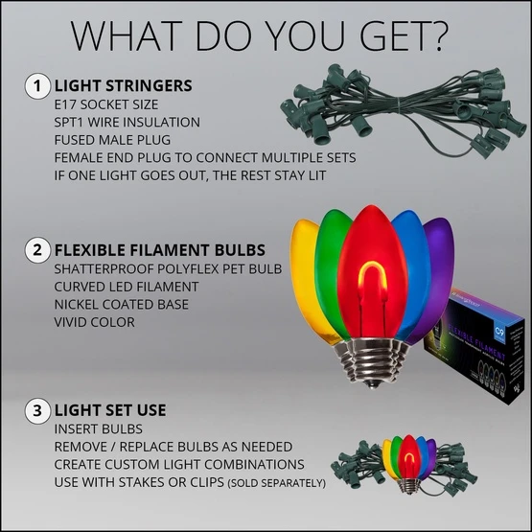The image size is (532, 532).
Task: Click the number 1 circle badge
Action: pyautogui.click(x=37, y=86)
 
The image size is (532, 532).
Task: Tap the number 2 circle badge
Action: pyautogui.click(x=37, y=252)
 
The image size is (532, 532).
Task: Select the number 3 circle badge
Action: pyautogui.click(x=37, y=411)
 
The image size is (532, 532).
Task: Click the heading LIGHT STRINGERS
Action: pyautogui.click(x=124, y=86)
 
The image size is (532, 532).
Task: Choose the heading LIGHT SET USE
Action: pyautogui.click(x=111, y=411)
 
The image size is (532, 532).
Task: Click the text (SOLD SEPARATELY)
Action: pyautogui.click(x=277, y=483)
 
